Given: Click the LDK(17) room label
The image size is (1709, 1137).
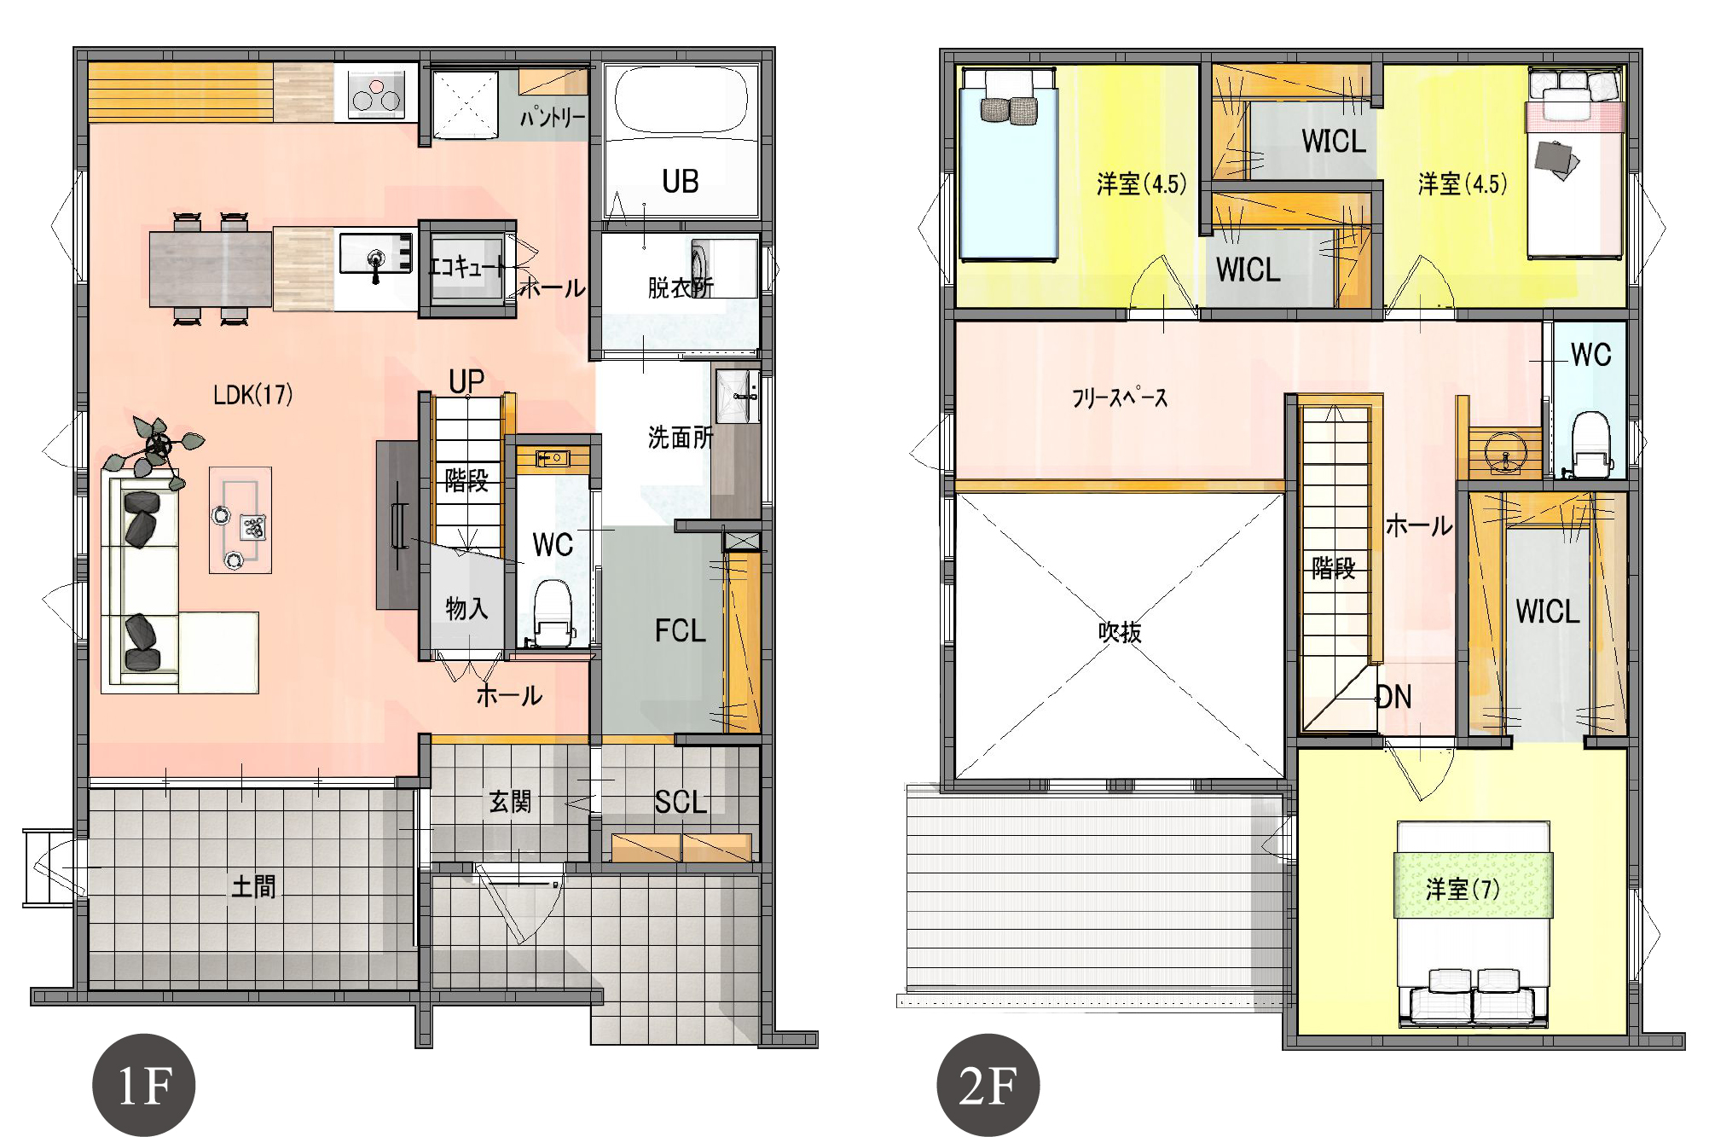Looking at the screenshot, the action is tap(252, 394).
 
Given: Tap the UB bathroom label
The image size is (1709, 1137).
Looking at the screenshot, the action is tap(680, 182).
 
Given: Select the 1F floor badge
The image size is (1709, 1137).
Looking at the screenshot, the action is tap(143, 1085).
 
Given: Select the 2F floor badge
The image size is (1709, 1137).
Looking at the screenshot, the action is tap(988, 1085).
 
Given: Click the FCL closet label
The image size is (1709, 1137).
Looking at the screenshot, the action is tap(680, 631).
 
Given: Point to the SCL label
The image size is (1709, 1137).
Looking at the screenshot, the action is tap(681, 802).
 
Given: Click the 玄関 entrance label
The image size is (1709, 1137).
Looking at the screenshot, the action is tap(510, 801).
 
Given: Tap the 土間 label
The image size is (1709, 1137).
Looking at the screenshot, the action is tap(253, 886).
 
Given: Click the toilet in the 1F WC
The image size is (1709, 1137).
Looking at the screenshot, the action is tap(553, 612).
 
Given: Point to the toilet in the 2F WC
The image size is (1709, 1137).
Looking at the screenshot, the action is tap(1591, 444).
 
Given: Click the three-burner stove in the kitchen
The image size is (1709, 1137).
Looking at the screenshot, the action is tap(376, 94).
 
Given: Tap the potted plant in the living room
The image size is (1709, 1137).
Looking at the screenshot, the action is tap(156, 450).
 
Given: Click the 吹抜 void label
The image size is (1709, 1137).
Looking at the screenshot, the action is tap(1120, 632).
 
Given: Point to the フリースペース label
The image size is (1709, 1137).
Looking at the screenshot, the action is tap(1120, 397).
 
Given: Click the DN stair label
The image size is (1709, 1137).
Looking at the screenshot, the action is tap(1394, 697).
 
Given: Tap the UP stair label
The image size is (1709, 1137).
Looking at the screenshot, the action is tap(466, 381).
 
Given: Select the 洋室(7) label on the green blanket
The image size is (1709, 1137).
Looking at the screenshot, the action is tap(1462, 890).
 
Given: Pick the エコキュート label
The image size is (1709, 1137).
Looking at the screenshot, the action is tap(466, 267).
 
